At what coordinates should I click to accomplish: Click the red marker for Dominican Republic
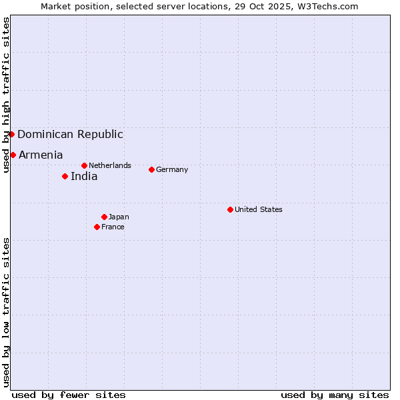(x=11, y=134)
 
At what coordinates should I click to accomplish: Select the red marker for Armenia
(x=13, y=155)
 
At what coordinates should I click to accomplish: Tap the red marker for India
(x=65, y=176)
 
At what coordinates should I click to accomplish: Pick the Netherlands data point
(x=84, y=165)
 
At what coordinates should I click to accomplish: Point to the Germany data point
(x=151, y=169)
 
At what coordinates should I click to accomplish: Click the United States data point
(x=230, y=209)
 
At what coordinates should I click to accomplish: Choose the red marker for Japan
(x=104, y=217)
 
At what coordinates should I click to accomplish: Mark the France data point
(x=97, y=227)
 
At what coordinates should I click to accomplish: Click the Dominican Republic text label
(x=70, y=134)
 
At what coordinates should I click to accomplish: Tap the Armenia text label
(x=41, y=155)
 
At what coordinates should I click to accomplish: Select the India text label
(x=84, y=176)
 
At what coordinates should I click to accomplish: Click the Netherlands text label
(x=110, y=165)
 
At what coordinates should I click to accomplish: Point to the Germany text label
(x=172, y=169)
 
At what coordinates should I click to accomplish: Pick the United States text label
(x=259, y=209)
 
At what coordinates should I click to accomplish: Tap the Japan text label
(x=119, y=217)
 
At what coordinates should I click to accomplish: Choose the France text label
(x=113, y=227)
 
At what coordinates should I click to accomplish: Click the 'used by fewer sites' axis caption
(x=69, y=395)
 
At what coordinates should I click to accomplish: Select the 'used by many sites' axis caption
(x=335, y=395)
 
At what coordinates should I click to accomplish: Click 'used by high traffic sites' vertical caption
(x=6, y=95)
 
